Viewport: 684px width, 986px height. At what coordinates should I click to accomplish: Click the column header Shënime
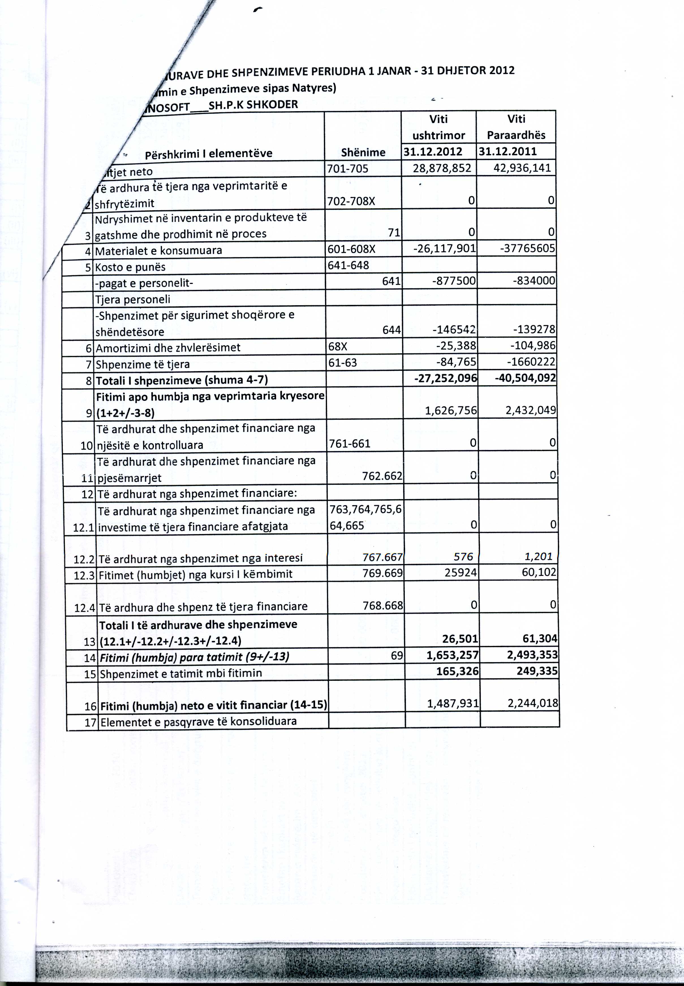(x=363, y=152)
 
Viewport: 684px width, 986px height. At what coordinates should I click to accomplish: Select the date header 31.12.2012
(x=433, y=151)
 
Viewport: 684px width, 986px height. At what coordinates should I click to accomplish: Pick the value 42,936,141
(x=522, y=167)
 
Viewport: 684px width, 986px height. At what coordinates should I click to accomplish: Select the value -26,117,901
(x=444, y=249)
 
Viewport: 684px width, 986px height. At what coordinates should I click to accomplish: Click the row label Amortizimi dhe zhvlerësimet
(x=168, y=348)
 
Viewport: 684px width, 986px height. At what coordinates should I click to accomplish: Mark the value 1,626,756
(x=451, y=410)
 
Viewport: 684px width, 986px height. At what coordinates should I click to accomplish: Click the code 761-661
(x=349, y=444)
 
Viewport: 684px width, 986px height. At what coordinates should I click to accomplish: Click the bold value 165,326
(x=457, y=671)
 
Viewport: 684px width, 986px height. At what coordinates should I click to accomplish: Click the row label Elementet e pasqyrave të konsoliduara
(x=198, y=721)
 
